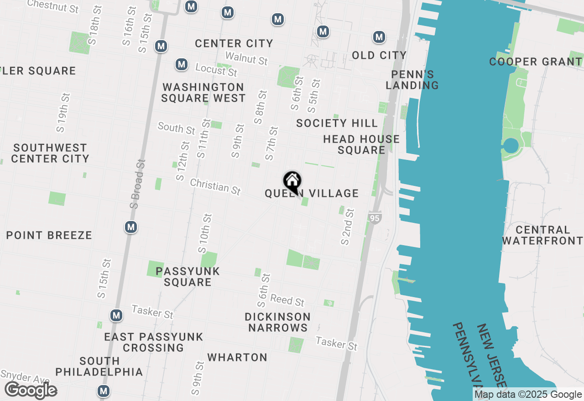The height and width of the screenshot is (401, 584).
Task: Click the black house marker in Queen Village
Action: pos(292,181)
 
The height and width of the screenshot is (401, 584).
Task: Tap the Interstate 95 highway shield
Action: pos(375,218)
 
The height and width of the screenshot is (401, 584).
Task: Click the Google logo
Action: pos(31,391)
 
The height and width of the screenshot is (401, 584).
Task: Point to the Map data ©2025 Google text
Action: pos(528,395)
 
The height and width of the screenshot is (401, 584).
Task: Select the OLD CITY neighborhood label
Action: pos(379,55)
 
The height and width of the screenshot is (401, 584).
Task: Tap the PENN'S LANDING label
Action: pos(412,80)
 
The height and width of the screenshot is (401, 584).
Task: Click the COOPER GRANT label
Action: pos(536,62)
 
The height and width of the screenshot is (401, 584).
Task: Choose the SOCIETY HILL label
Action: pos(337,123)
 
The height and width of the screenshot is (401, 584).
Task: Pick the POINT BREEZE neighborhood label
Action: pos(49,235)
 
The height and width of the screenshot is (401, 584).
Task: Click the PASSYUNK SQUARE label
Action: pos(188,277)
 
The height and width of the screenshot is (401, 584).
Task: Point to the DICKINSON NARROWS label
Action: pos(277,322)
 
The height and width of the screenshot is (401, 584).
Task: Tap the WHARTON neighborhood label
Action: pos(237,357)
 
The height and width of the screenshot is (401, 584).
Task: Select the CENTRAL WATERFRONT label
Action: pos(542,235)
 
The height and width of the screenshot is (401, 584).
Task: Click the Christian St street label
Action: pos(215,186)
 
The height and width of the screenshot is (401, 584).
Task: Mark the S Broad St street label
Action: pos(137,184)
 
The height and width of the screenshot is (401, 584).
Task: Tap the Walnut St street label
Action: pos(246,58)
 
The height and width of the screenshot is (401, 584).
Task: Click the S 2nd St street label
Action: pos(348,226)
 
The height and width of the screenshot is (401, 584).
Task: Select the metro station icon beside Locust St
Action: pos(182,64)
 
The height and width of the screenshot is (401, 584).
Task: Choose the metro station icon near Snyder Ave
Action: pos(104,391)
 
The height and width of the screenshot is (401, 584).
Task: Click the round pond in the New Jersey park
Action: pos(511,146)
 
